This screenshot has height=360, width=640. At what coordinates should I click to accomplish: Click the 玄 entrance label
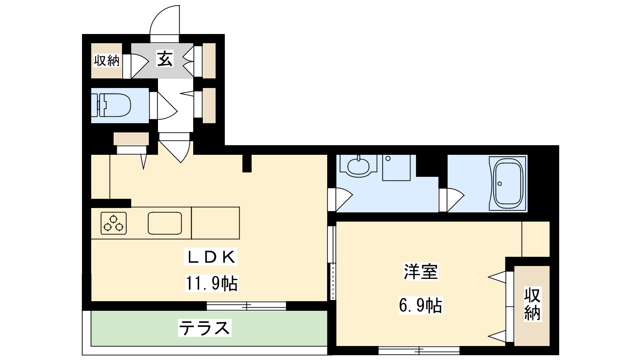tap(164, 59)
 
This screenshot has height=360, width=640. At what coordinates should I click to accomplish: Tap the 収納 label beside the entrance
tap(107, 60)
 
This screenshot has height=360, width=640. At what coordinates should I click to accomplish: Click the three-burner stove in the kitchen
tap(114, 224)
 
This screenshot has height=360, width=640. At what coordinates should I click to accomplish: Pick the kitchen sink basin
tap(165, 223)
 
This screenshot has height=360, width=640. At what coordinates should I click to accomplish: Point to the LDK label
tap(211, 257)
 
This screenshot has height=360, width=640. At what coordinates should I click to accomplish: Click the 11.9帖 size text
tap(212, 284)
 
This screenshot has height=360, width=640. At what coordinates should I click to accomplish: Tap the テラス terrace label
tap(204, 328)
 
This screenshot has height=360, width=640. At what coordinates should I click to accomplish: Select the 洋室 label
tap(420, 272)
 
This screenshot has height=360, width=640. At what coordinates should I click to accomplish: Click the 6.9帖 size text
tap(420, 306)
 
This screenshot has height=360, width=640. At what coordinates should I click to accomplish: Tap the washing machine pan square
tap(396, 168)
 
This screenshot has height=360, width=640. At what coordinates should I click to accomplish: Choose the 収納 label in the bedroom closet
tap(532, 304)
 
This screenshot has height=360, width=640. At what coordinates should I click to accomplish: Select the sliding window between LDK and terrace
tap(246, 306)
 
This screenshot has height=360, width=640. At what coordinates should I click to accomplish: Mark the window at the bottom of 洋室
tap(419, 350)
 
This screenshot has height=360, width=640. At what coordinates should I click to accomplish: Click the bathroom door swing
tap(456, 200)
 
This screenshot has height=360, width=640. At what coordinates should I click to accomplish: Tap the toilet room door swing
tap(168, 106)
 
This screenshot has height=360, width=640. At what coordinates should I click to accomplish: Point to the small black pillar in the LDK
tap(247, 164)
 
